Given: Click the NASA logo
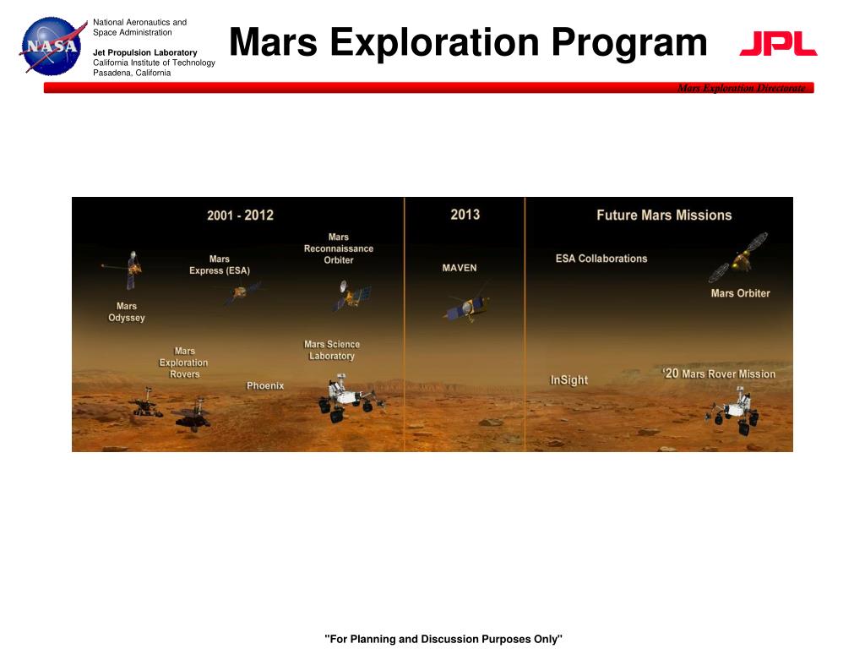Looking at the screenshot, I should (x=52, y=46).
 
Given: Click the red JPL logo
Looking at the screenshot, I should (x=778, y=44).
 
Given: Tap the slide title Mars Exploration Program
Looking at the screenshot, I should (x=468, y=42).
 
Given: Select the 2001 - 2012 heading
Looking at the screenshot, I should (x=240, y=215).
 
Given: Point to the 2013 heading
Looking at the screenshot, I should (x=465, y=215).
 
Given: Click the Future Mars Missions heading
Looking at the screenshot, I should (x=664, y=215).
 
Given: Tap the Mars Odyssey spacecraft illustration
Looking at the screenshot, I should (x=128, y=269).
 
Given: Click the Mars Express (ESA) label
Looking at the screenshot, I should (x=220, y=265).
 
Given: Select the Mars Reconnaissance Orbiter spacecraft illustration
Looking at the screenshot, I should (x=351, y=296).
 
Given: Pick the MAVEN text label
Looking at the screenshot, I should (x=460, y=268).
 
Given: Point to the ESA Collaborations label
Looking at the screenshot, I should (x=601, y=259).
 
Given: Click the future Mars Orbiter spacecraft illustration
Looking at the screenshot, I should (x=740, y=258).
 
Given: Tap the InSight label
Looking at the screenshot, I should (x=569, y=380).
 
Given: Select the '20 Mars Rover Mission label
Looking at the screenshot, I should (x=718, y=374).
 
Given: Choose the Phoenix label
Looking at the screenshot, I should (x=265, y=386).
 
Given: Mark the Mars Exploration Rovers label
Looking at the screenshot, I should (x=184, y=363).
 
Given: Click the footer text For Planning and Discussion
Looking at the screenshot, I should (x=443, y=639).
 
